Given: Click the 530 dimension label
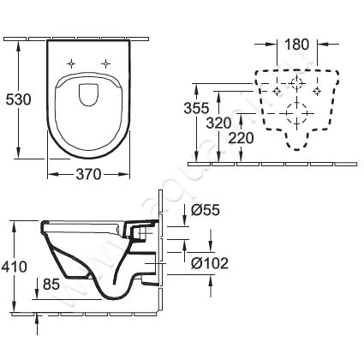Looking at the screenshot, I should (18, 99).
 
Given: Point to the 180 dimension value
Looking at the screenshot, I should (296, 44).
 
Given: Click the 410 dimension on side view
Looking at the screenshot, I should (15, 267).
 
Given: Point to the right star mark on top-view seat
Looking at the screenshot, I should (106, 63).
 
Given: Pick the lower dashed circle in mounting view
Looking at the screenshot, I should (296, 112).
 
